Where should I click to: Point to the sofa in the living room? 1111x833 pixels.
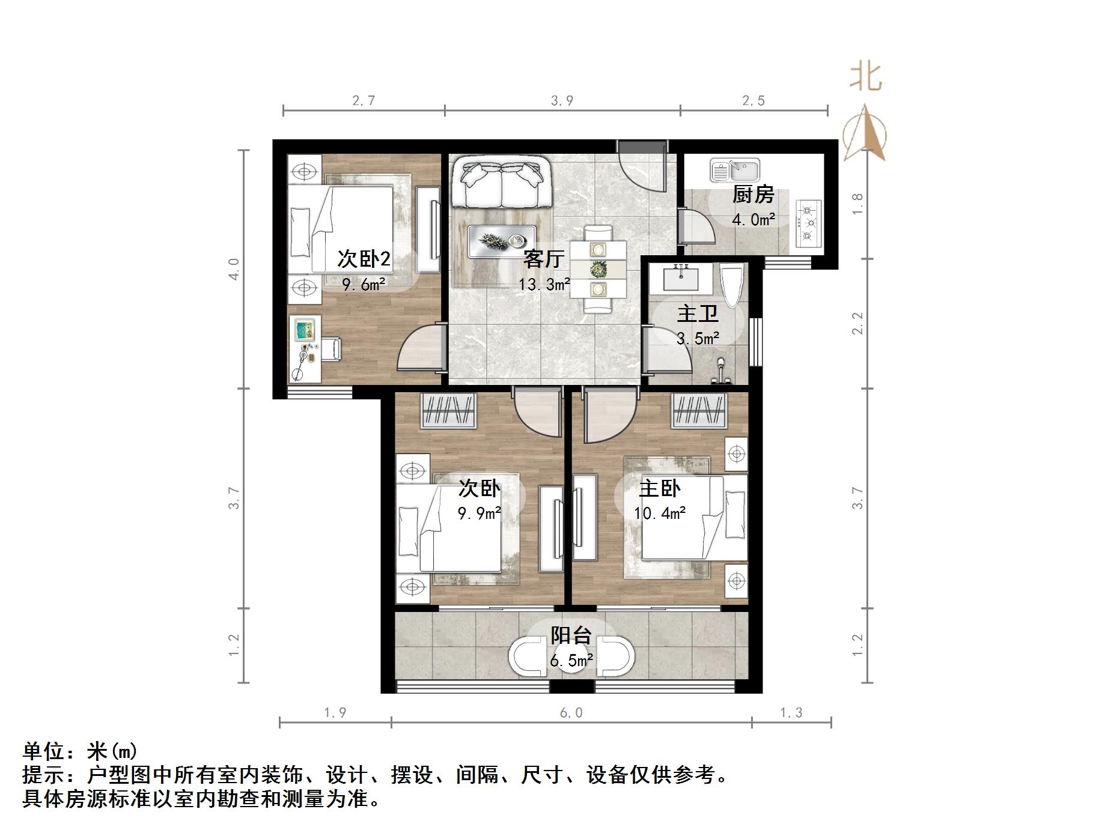[501, 182]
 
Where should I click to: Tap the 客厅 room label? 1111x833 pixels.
[543, 259]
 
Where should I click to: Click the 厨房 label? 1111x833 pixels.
[753, 195]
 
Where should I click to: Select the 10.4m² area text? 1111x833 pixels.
[659, 513]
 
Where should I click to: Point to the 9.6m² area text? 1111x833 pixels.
[364, 284]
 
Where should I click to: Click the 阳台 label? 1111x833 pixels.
[571, 635]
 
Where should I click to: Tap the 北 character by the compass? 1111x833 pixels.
[865, 77]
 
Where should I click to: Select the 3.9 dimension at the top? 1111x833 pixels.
[562, 101]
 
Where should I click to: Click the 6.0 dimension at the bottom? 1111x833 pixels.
[571, 713]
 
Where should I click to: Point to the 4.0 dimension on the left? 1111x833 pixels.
[234, 268]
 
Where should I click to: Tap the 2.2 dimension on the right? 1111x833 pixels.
[857, 323]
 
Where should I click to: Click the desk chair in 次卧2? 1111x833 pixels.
[330, 348]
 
